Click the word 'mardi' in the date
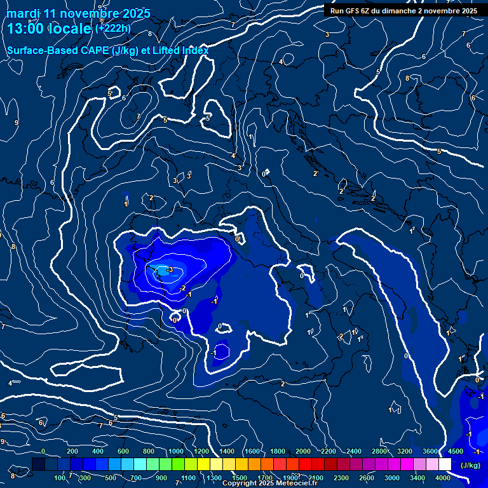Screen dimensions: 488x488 tap(23, 13)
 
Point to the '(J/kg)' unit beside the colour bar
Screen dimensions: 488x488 tap(470, 466)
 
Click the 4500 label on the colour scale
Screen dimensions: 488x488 tap(455, 452)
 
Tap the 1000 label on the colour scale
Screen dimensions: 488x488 tap(176, 452)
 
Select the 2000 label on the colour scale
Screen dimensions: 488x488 tap(303, 452)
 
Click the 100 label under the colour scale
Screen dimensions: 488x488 tap(59, 478)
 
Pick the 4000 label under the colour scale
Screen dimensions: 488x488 tap(443, 478)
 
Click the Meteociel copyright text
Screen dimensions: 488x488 tap(273, 484)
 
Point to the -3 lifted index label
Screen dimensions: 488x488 tap(169, 269)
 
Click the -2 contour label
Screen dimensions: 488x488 tap(184, 288)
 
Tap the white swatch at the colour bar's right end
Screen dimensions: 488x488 tap(445, 464)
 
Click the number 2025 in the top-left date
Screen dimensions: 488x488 tap(135, 13)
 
